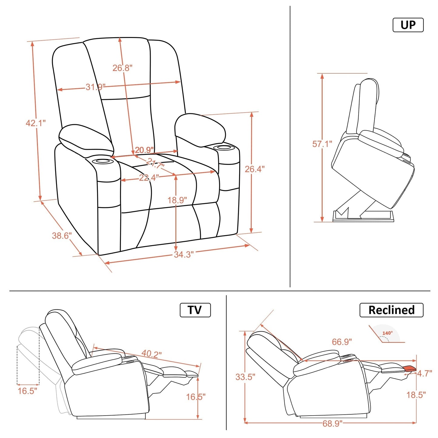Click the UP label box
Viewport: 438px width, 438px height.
point(408,25)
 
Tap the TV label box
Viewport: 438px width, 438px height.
point(195,310)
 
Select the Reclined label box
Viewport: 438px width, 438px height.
point(391,310)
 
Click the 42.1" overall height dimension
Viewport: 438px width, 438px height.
point(35,123)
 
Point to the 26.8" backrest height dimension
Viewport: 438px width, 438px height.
point(122,68)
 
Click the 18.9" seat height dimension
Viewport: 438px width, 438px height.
point(177,200)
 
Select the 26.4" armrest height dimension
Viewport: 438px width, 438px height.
point(255,169)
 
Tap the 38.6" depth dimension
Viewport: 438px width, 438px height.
point(62,236)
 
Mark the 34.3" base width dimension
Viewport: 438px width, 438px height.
point(183,255)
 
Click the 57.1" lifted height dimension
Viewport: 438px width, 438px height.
point(322,144)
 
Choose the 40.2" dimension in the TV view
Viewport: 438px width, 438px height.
point(152,353)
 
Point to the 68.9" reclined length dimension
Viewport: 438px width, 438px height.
point(332,423)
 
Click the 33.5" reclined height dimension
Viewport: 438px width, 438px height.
point(245,377)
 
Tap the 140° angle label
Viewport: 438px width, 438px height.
point(387,333)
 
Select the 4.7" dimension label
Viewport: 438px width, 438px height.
point(424,373)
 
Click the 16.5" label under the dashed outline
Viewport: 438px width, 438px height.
point(27,391)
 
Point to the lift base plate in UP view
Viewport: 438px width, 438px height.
point(364,217)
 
